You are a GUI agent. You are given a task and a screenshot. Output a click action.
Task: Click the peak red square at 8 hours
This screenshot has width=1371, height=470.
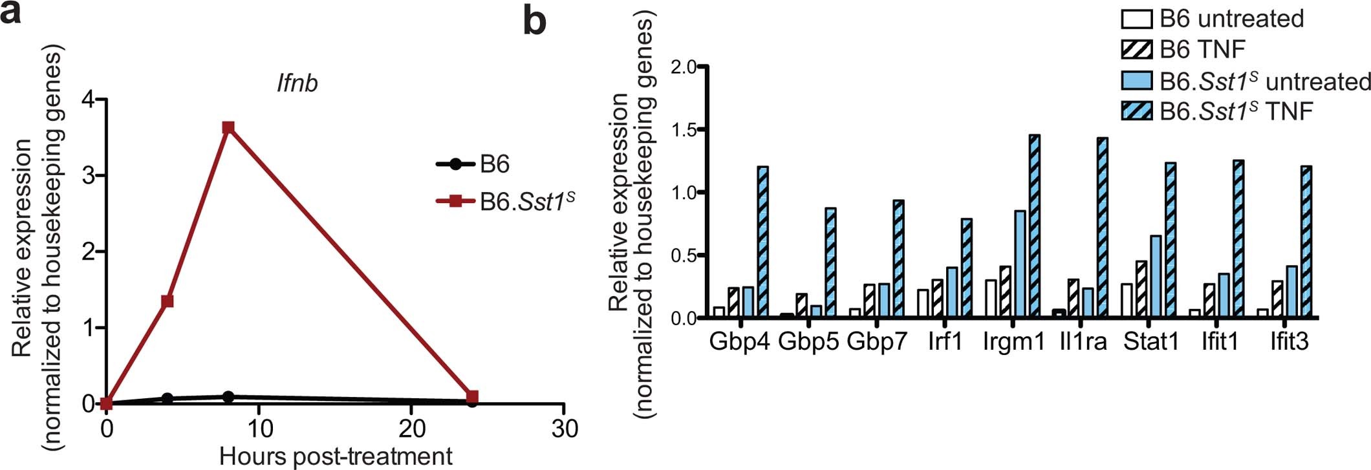point(228,127)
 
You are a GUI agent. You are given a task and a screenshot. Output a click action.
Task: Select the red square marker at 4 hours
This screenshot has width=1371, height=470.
point(167,301)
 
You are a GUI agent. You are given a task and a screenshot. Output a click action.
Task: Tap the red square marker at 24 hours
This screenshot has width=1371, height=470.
point(472,396)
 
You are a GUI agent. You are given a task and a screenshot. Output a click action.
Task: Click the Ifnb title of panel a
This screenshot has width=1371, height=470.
point(297,83)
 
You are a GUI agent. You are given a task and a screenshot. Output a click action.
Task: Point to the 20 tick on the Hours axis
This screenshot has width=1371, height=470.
point(411,428)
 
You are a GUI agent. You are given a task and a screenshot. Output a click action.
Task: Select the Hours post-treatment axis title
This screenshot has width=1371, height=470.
point(336,456)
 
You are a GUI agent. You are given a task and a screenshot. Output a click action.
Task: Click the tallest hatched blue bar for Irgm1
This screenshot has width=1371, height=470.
point(1034,226)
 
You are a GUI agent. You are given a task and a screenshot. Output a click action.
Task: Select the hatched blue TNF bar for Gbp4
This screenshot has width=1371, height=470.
point(762,242)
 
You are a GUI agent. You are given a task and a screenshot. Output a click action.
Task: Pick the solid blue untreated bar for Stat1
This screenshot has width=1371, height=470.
point(1156,276)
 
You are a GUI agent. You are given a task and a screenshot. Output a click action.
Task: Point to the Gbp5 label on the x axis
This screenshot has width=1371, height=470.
point(808,341)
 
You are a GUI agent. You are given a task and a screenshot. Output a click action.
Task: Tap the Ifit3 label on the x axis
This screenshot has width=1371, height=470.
point(1289,341)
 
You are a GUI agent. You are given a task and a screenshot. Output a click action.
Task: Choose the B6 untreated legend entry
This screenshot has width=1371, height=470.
point(1213,19)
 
